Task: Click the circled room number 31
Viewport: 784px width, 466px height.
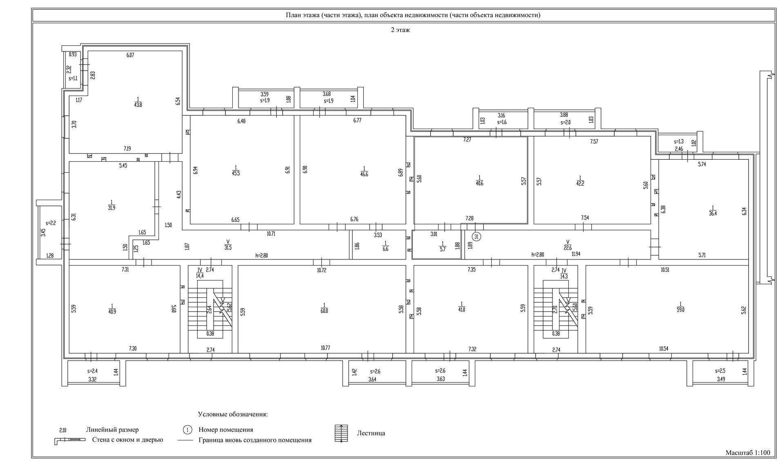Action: [x=477, y=236]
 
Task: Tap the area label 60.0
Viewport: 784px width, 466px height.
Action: [x=324, y=310]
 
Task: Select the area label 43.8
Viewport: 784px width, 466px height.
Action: [x=138, y=105]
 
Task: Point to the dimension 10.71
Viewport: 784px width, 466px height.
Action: [x=271, y=234]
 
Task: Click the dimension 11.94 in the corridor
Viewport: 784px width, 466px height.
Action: [x=576, y=254]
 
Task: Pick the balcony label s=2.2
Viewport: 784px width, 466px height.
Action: [x=51, y=223]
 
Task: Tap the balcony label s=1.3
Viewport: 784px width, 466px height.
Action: [x=679, y=142]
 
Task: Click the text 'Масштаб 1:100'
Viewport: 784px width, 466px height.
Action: [x=748, y=453]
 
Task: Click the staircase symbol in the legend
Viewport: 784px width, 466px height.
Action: [x=341, y=433]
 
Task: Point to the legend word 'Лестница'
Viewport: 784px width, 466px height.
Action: [x=371, y=433]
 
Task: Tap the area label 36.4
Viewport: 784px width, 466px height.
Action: [x=713, y=213]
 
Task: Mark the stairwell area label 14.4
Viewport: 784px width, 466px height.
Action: [x=200, y=276]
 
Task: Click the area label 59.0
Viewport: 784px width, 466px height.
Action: [x=680, y=310]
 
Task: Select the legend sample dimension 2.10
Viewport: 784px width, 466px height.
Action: [x=63, y=430]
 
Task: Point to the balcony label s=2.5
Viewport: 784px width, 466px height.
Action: [x=720, y=371]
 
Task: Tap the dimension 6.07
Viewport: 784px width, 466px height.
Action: [x=130, y=55]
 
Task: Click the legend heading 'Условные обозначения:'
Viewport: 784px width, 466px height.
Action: [x=233, y=414]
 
